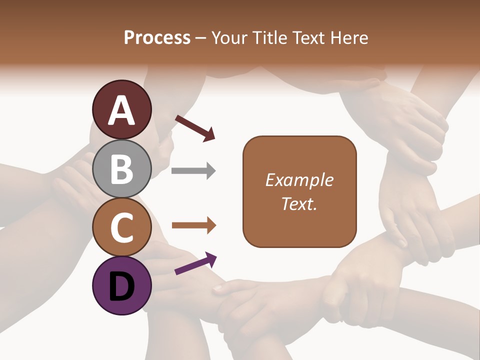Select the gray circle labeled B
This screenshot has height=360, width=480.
click(122, 169)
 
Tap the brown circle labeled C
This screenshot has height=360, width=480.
click(122, 227)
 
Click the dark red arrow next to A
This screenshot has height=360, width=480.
click(195, 127)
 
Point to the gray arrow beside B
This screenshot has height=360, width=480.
click(193, 171)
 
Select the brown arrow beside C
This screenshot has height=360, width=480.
click(193, 226)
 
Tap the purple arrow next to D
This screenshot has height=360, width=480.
click(195, 263)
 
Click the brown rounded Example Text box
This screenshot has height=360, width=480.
click(299, 191)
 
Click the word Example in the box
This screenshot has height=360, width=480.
click(299, 180)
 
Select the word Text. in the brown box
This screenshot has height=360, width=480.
click(299, 203)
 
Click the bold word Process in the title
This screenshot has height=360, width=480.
click(157, 37)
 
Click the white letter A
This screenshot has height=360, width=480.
click(122, 110)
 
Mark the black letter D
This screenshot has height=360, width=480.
click(122, 286)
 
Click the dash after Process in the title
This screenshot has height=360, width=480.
click(201, 38)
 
